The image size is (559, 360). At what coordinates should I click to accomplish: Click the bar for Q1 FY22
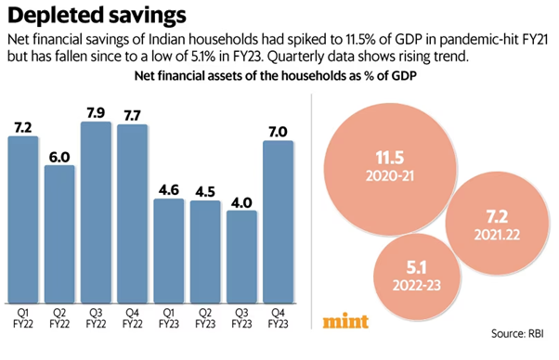point(23,220)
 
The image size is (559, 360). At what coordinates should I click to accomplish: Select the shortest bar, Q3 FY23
point(241,257)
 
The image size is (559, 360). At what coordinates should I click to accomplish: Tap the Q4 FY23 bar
point(278,222)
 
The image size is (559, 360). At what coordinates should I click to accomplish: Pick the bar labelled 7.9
point(96,212)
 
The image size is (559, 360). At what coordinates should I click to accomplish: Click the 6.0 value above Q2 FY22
point(59,157)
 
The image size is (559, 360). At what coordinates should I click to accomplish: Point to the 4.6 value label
point(169,190)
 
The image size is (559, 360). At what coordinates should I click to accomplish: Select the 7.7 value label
point(132,116)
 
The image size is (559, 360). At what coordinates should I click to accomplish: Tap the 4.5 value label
point(205,192)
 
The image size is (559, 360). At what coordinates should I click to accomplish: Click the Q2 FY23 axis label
point(205,318)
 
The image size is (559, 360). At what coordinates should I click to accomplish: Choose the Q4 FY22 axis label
point(132,318)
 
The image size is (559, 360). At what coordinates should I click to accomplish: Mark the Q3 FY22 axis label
point(96,318)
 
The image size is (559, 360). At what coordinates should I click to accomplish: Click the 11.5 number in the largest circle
point(390,158)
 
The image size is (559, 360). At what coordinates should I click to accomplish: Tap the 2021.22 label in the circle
point(497,235)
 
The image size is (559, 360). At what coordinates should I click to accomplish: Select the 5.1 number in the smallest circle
point(417,267)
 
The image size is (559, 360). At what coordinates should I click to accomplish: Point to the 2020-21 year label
point(390,176)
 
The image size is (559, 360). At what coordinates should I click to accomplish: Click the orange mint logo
point(345,321)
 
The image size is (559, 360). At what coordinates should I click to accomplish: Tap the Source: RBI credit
point(517,334)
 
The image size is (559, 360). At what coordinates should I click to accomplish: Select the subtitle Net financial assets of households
point(275,75)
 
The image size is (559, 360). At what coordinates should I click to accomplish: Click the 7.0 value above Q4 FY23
point(278,132)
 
